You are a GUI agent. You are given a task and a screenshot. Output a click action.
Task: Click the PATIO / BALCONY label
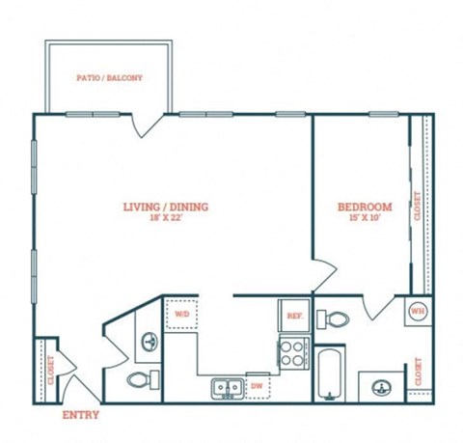coord(109,77)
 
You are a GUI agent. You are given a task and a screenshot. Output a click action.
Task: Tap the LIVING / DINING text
coord(166,207)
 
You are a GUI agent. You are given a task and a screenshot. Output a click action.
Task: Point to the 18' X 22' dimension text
coord(166,219)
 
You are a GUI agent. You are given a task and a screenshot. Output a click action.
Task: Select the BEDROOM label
coord(364,208)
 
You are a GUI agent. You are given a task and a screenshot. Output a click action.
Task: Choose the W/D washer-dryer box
coord(182,314)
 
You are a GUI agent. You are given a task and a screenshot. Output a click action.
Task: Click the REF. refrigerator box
coord(293,314)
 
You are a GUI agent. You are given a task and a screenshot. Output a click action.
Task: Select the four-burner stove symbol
coord(292,353)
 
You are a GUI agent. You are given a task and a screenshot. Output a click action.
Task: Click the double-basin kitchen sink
coord(229,387)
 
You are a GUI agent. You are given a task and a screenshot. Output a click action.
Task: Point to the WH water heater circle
coord(417,311)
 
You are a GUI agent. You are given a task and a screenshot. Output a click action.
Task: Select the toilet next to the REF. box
coord(336,318)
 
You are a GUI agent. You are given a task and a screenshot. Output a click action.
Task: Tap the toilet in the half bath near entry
coord(138,378)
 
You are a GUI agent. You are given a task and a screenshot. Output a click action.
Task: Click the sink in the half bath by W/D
coord(149,341)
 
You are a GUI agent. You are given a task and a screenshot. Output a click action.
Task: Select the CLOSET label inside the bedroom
coord(418,206)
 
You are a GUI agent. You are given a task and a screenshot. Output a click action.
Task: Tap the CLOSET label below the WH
coord(418,372)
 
